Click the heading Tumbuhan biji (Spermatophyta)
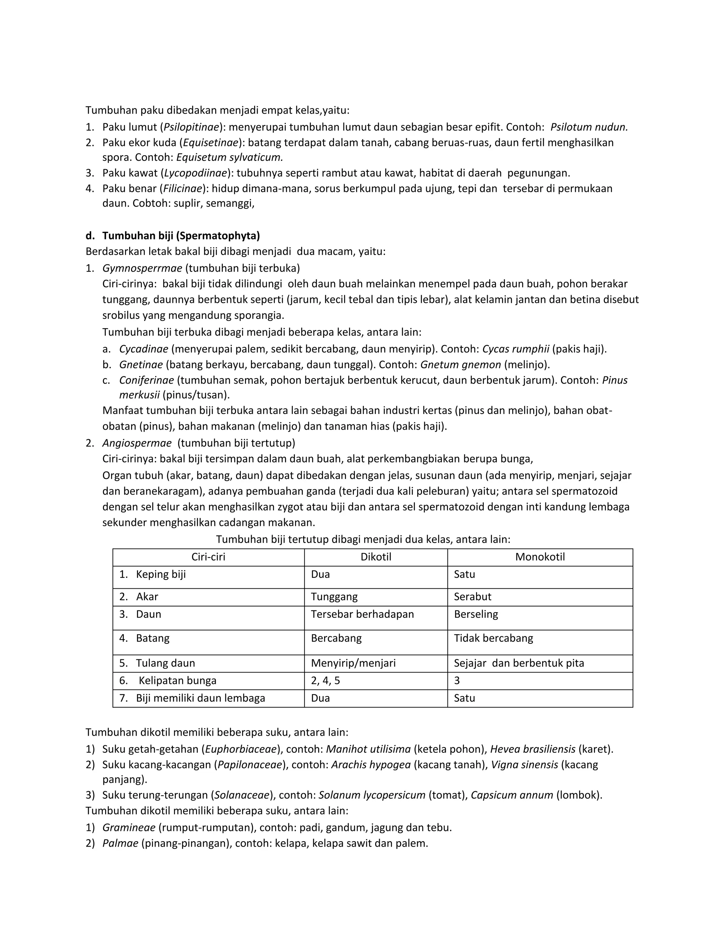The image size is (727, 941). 181,236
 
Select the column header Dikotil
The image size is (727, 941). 376,557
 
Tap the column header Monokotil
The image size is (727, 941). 540,557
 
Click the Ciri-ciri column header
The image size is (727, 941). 208,557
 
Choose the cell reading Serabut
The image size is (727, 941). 472,597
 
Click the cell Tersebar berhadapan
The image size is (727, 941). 362,614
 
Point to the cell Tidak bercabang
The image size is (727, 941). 493,638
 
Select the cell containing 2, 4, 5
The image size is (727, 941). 325,681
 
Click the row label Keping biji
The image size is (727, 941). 161,574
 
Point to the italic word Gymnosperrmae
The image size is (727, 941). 142,268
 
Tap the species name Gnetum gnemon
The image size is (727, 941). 460,365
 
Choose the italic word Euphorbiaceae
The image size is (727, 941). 241,749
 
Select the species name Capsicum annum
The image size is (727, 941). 512,795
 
